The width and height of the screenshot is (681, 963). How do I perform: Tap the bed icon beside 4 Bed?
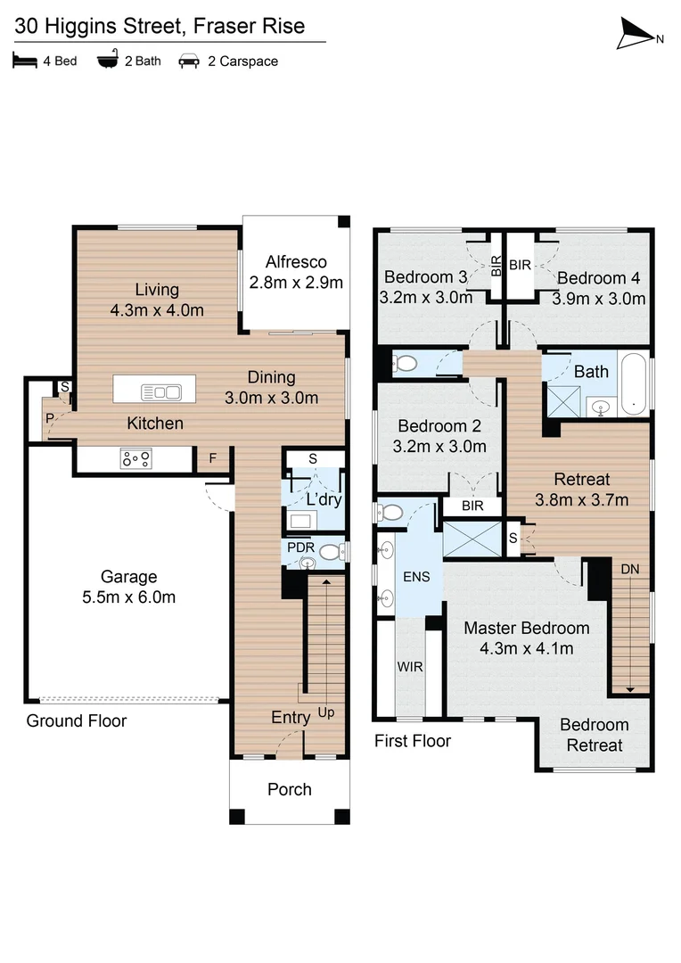(22, 62)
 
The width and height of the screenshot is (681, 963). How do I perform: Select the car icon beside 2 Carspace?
(189, 62)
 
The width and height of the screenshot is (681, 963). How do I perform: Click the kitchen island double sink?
(161, 391)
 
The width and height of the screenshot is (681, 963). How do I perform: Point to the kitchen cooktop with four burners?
(135, 459)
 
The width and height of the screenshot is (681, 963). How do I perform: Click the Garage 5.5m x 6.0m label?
(128, 587)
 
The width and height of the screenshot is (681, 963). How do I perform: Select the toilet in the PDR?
(330, 553)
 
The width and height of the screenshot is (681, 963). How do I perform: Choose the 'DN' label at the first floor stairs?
(629, 568)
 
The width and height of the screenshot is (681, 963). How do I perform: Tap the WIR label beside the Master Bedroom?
(409, 666)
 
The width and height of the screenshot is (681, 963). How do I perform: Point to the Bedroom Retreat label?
(595, 735)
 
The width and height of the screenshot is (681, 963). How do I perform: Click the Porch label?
(290, 789)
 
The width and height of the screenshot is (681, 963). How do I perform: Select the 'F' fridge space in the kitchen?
(211, 459)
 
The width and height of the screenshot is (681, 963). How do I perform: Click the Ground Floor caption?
(76, 720)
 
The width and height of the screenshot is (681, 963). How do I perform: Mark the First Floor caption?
(412, 740)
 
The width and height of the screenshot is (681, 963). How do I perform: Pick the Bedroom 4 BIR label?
(520, 263)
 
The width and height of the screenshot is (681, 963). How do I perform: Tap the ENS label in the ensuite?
(416, 576)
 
